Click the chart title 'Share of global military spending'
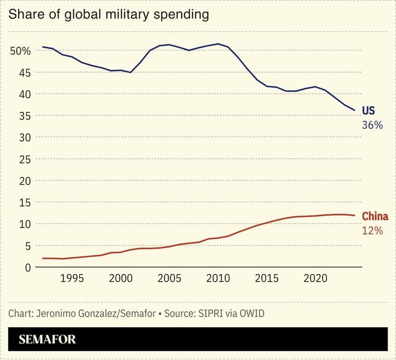pos(108,14)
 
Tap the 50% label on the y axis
pos(20,51)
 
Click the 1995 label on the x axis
pos(72,279)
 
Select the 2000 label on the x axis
pos(121,279)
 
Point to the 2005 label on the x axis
pos(169,279)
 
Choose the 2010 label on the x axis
pos(218,279)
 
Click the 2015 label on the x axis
pos(267,279)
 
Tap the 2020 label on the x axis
pos(316,279)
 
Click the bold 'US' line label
pos(369,111)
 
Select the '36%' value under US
pos(372,125)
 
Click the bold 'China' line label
pos(375,217)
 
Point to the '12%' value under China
pos(372,231)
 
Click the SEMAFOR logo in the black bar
pos(47,339)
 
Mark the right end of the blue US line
pos(354,110)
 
